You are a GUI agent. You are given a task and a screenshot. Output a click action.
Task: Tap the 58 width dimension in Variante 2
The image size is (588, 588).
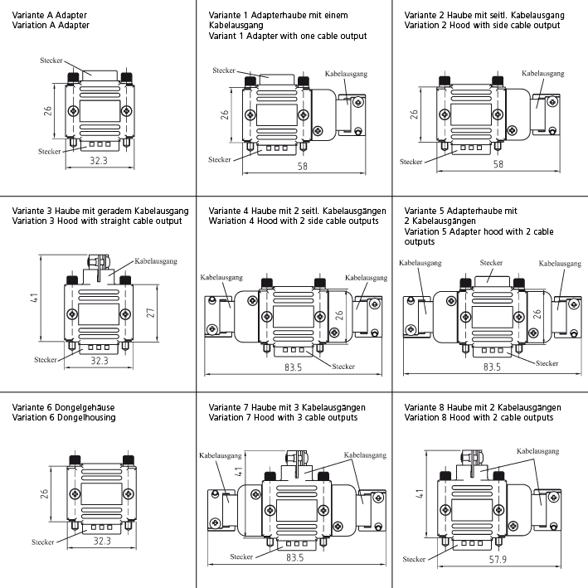click(498, 164)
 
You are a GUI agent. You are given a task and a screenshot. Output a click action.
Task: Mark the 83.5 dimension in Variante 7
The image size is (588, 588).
click(294, 557)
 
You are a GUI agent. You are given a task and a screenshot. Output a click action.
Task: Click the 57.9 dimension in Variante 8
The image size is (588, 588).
click(498, 561)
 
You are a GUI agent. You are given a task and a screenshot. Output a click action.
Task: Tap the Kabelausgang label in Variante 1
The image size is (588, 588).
click(346, 74)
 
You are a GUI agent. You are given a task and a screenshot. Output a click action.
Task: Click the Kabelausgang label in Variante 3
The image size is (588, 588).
click(155, 261)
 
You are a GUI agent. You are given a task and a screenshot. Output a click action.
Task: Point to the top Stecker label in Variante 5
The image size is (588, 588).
click(491, 262)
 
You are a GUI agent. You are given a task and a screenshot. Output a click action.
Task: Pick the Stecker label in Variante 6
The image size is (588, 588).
click(43, 542)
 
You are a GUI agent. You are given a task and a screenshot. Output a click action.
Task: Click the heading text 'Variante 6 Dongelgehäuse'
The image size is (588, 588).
click(64, 407)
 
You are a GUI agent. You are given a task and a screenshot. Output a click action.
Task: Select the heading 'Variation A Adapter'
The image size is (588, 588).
click(51, 26)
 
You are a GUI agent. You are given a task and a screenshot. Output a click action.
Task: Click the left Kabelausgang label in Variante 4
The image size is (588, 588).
click(220, 277)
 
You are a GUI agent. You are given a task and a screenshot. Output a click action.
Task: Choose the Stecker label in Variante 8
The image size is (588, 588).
click(413, 558)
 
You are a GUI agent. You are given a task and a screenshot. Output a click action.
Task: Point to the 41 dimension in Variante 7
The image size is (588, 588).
click(238, 471)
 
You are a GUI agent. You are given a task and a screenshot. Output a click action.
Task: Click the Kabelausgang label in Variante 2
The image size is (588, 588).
click(543, 73)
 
